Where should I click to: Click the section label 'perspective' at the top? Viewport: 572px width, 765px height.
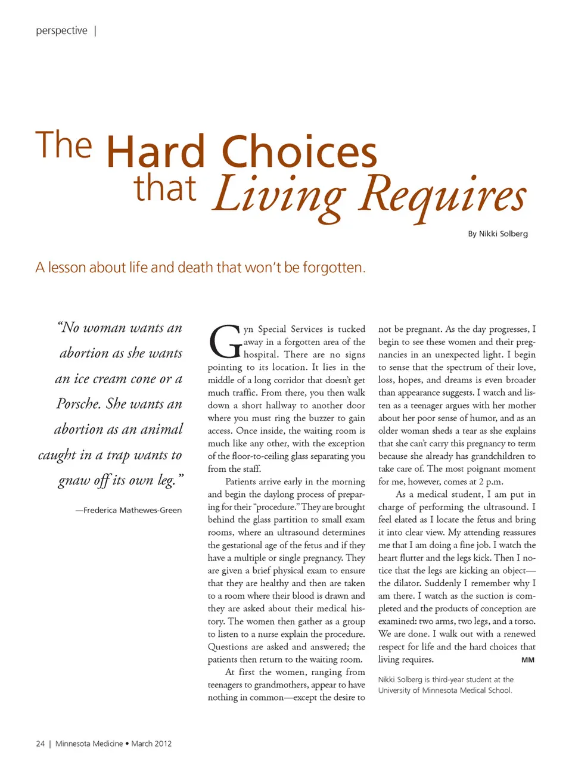click(61, 30)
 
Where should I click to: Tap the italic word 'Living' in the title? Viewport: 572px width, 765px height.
click(279, 194)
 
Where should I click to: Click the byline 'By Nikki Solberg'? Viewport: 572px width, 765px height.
click(498, 234)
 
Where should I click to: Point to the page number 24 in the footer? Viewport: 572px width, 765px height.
click(40, 744)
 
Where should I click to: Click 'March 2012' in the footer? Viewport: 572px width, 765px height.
click(151, 744)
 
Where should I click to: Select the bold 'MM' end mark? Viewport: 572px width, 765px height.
click(527, 660)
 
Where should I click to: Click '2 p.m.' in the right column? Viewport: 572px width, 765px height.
click(491, 481)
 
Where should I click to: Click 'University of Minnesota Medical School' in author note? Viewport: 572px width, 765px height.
click(444, 691)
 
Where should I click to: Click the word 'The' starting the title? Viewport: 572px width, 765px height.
click(64, 145)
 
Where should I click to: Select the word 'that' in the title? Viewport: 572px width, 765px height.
click(164, 188)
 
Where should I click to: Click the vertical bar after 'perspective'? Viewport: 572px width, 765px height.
click(95, 30)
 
